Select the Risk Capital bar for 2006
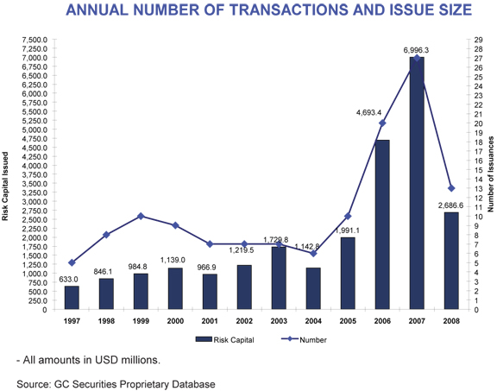[x=382, y=224]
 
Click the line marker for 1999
[x=140, y=216]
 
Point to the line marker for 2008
[x=450, y=188]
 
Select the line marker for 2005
[x=349, y=216]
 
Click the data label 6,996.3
[x=416, y=50]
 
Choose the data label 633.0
[x=69, y=279]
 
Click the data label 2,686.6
[x=450, y=205]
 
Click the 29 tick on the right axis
[x=477, y=40]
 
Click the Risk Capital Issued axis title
[x=6, y=186]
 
